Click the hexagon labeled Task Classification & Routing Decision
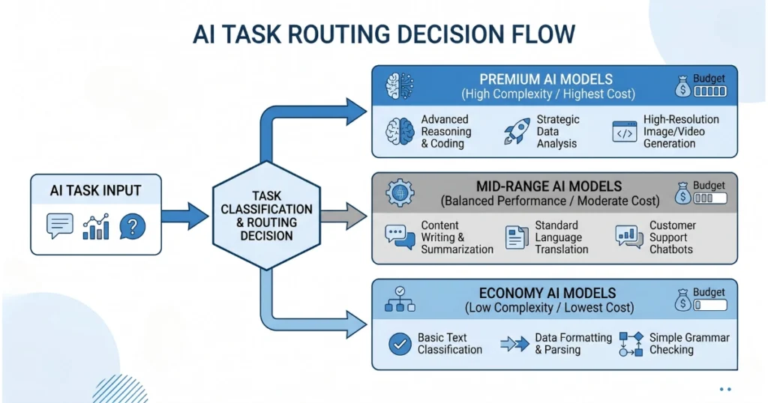266,216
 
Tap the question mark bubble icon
132,226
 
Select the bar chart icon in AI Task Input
96,226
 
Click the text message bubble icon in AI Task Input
60,226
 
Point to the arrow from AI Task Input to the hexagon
184,216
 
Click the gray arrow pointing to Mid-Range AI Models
343,216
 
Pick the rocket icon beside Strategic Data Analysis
517,131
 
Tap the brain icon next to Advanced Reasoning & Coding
399,131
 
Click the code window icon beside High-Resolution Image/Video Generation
625,132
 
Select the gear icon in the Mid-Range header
400,193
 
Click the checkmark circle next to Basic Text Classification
400,344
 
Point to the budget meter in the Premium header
710,91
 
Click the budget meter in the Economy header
710,305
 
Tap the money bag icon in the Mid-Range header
682,193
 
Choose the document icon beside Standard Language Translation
516,237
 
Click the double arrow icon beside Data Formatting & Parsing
514,344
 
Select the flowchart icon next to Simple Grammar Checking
631,344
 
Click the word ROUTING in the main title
338,34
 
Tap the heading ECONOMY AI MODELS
547,293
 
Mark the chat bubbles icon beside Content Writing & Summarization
400,237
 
